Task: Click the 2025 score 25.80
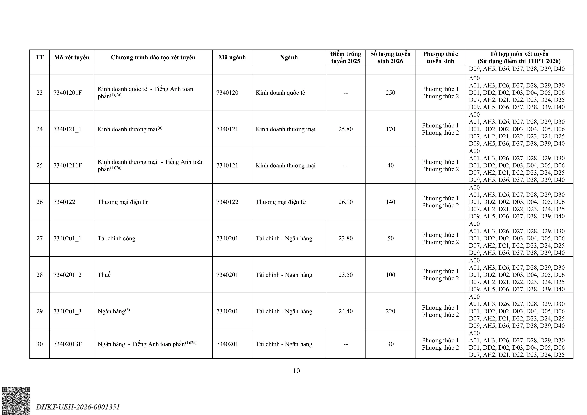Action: pos(345,129)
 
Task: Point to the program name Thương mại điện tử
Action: pos(123,202)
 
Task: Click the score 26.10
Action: pos(345,202)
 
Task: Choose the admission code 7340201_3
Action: pos(67,311)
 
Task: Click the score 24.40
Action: pos(345,311)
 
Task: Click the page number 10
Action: pos(296,371)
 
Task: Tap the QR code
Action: pos(16,401)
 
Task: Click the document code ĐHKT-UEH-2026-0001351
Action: pos(78,407)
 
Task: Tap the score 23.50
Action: pos(345,275)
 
